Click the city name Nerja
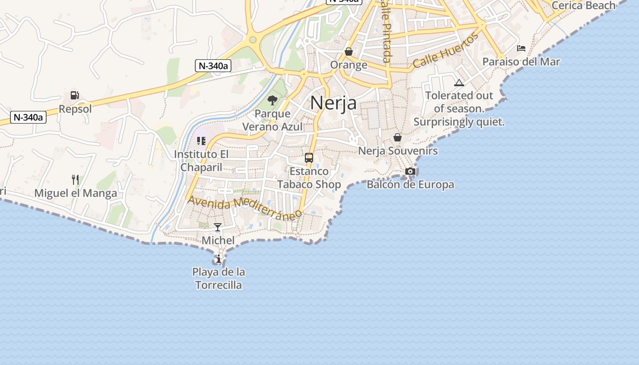pyautogui.click(x=333, y=103)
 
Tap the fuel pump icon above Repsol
pyautogui.click(x=74, y=95)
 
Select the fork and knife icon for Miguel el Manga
pyautogui.click(x=75, y=179)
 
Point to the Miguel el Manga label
pyautogui.click(x=76, y=193)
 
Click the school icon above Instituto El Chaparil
pyautogui.click(x=201, y=141)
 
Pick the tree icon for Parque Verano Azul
pyautogui.click(x=272, y=100)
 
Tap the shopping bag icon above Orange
pyautogui.click(x=349, y=52)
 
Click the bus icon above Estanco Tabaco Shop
pyautogui.click(x=309, y=158)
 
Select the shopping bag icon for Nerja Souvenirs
pyautogui.click(x=398, y=137)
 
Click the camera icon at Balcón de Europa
pyautogui.click(x=410, y=172)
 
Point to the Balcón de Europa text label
pyautogui.click(x=410, y=185)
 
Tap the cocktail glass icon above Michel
pyautogui.click(x=218, y=227)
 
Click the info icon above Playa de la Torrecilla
pyautogui.click(x=219, y=259)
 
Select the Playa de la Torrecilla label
pyautogui.click(x=219, y=279)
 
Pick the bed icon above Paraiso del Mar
pyautogui.click(x=521, y=48)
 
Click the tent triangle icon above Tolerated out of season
pyautogui.click(x=459, y=83)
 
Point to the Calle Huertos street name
pyautogui.click(x=445, y=51)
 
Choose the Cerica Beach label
pyautogui.click(x=583, y=5)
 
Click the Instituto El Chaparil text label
pyautogui.click(x=201, y=161)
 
